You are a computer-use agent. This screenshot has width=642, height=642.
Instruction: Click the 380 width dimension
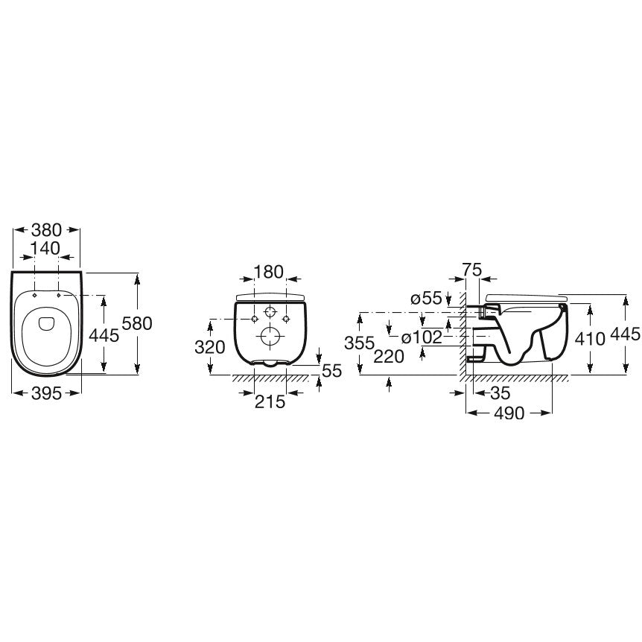coord(47,230)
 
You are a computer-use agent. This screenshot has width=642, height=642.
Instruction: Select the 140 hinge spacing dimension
coord(45,249)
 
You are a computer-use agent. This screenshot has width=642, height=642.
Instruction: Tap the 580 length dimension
coord(137,323)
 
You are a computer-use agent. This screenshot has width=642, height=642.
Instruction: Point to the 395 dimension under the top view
coord(47,393)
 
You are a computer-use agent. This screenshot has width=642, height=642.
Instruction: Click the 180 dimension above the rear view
coord(269,272)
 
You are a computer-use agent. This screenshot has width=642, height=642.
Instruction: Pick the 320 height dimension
coord(209,348)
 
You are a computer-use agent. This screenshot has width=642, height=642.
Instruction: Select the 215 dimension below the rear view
coord(270,401)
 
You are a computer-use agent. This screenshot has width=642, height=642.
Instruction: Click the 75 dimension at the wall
coord(472,270)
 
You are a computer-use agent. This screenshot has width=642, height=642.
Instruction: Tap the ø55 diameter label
coord(426,299)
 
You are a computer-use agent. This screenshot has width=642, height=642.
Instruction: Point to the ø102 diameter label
coord(422,337)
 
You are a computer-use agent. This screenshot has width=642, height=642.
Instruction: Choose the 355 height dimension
coord(360,343)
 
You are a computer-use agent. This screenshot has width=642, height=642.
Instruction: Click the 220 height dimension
coord(389,357)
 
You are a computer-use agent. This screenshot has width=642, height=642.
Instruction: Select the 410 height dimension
coord(590,339)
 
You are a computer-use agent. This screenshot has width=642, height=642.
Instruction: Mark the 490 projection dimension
coord(509,413)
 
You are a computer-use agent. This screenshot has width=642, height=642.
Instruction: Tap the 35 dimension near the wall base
coord(500,393)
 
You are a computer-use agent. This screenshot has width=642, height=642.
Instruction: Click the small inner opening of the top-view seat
coord(46,324)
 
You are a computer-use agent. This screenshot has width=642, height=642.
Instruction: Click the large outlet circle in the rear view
coord(270,337)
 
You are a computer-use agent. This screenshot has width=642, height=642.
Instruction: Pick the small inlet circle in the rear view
coord(270,312)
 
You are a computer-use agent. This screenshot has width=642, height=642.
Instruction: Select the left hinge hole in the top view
coord(35,295)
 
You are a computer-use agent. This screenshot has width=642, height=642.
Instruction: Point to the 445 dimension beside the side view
coord(625,334)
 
